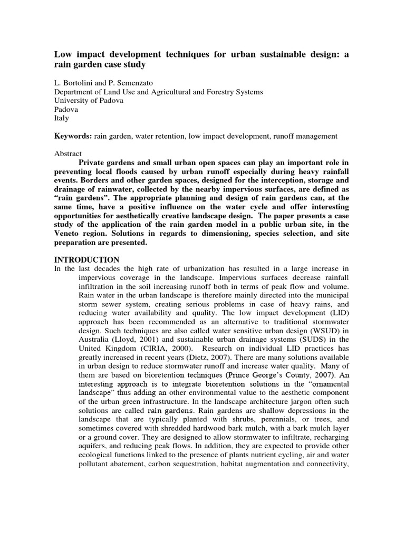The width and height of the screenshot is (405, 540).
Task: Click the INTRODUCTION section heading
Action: (x=87, y=260)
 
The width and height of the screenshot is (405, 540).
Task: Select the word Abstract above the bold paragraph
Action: (x=69, y=153)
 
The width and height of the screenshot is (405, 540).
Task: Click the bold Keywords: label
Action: (x=73, y=136)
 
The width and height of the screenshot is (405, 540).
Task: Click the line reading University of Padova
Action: (x=89, y=101)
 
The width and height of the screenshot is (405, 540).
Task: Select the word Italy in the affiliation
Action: (x=62, y=118)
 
